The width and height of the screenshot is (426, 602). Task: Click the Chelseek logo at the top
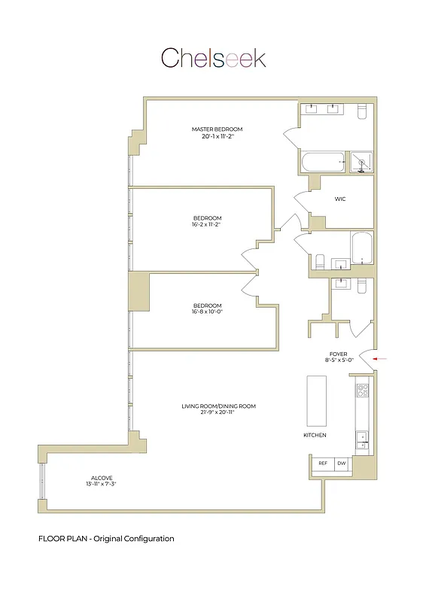[x=213, y=58]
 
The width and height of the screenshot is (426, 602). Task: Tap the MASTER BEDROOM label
[x=217, y=129]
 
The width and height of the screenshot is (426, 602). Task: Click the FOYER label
[x=338, y=354]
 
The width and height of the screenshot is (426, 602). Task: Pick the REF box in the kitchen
[x=323, y=464]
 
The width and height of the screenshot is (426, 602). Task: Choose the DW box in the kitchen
[x=342, y=464]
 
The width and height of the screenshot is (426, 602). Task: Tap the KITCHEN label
[x=314, y=436]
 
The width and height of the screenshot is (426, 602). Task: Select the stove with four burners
[x=362, y=391]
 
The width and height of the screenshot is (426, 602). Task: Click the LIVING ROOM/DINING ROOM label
[x=218, y=406]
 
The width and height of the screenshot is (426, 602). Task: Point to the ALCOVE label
[x=101, y=478]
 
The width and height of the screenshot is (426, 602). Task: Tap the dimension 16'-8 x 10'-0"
[x=207, y=312]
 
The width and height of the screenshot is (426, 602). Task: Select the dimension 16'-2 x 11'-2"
[x=206, y=224]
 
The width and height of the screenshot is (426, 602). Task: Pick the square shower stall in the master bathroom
[x=364, y=162]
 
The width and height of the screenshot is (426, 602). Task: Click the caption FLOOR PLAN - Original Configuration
[x=106, y=539]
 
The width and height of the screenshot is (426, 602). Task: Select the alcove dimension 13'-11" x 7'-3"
[x=101, y=485]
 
